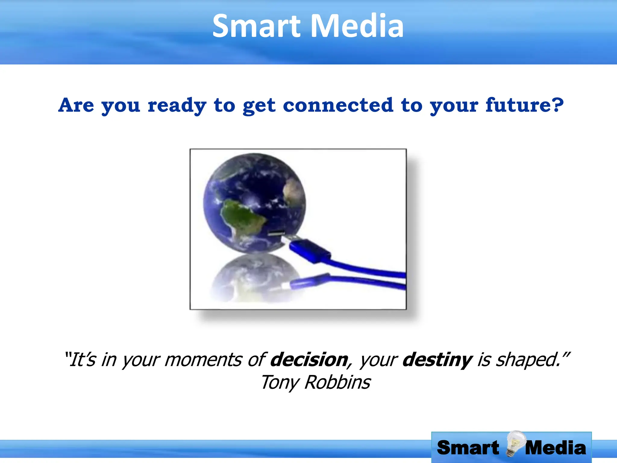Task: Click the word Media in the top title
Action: coord(357,27)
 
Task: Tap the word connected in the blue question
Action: coord(338,106)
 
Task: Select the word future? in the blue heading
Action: coord(524,106)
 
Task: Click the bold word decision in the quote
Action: coord(309,360)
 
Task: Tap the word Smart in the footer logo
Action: coord(468,448)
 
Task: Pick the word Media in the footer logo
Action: coord(556,448)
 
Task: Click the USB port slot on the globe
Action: coord(277,233)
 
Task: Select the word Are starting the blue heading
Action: coord(76,106)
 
